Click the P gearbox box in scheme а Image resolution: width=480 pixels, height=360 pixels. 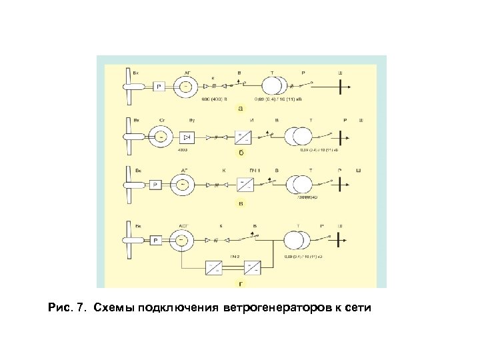coord(159,86)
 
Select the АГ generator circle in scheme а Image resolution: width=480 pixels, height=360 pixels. coord(187,86)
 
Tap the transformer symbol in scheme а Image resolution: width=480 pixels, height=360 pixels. coord(275,86)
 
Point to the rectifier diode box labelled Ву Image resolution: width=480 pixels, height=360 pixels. coord(187,137)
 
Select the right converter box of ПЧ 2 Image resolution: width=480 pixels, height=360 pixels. coord(253,268)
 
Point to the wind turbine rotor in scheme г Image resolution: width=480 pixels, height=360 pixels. coord(128,240)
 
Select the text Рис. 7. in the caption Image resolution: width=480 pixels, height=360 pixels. coord(67,309)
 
